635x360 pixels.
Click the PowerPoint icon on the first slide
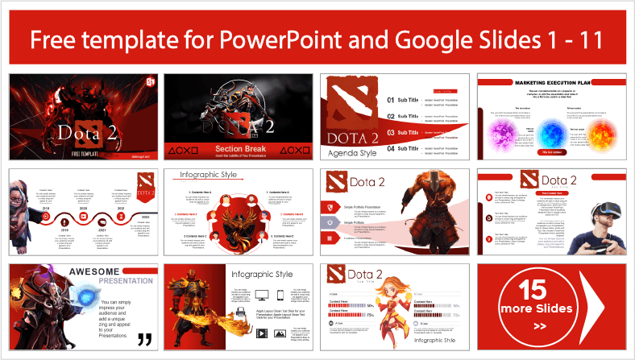point(147,83)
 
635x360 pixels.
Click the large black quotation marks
point(145,338)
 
